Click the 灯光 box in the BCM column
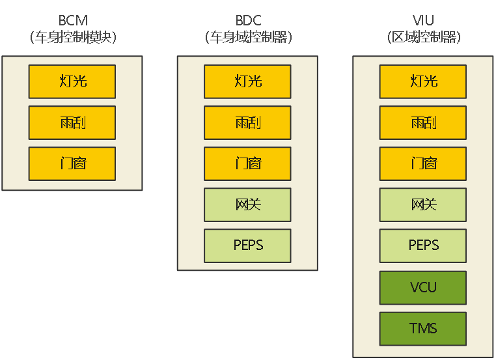(72, 81)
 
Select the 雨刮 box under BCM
(72, 122)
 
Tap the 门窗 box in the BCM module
(72, 163)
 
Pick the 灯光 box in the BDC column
(247, 81)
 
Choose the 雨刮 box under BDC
(247, 122)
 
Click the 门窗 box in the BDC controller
(247, 163)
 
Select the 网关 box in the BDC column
(247, 204)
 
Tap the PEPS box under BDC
(247, 245)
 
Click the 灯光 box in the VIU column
(423, 81)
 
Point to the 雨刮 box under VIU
(423, 122)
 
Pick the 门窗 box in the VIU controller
(423, 163)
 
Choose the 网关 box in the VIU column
(423, 204)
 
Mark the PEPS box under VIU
(423, 245)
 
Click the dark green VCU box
(423, 287)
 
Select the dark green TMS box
(423, 328)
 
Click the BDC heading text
(247, 21)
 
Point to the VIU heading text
(423, 21)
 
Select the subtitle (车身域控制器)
(247, 37)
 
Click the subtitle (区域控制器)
(423, 37)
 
